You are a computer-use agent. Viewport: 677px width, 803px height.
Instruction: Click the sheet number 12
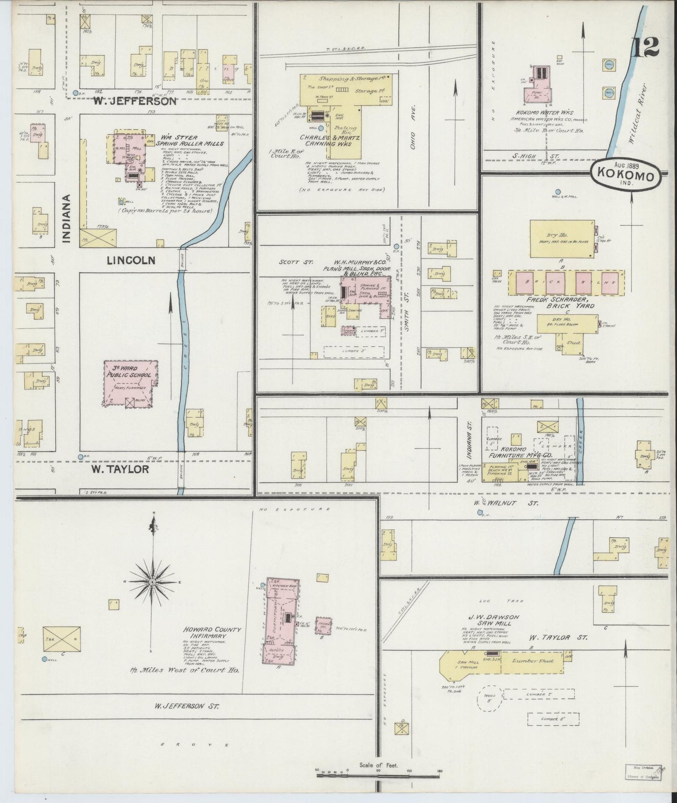pos(645,46)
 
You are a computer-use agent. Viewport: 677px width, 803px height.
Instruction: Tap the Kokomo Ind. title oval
pos(626,175)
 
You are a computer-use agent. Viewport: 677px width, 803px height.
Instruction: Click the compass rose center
pos(152,582)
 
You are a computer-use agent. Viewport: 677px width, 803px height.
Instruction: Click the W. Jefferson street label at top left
pos(134,101)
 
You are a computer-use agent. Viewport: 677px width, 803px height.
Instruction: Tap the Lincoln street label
pos(131,260)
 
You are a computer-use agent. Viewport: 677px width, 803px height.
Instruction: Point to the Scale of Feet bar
pos(379,774)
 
